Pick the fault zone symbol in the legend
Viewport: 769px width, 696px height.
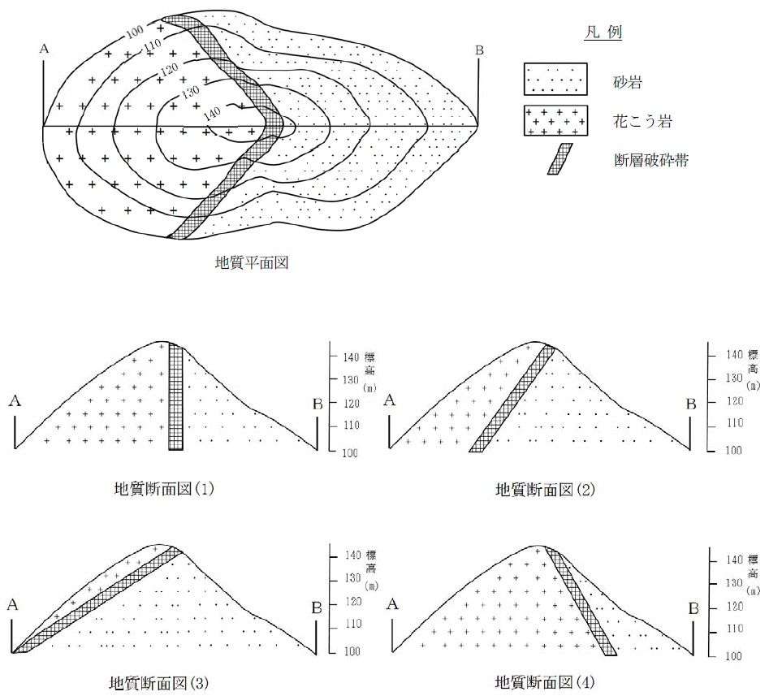tap(559, 159)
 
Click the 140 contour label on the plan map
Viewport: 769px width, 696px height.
tap(211, 113)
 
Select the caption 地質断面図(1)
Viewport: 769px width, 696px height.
tap(163, 489)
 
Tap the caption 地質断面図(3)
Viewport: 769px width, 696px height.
tap(159, 682)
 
